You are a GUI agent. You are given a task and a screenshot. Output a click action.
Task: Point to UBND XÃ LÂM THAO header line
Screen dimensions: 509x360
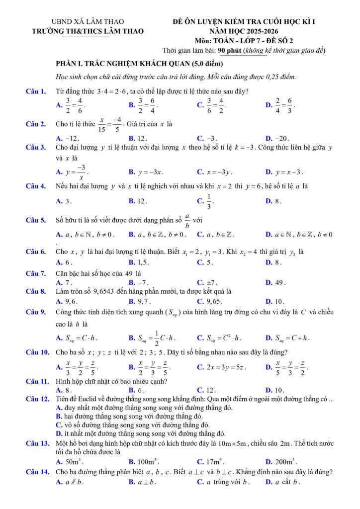tap(88, 22)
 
